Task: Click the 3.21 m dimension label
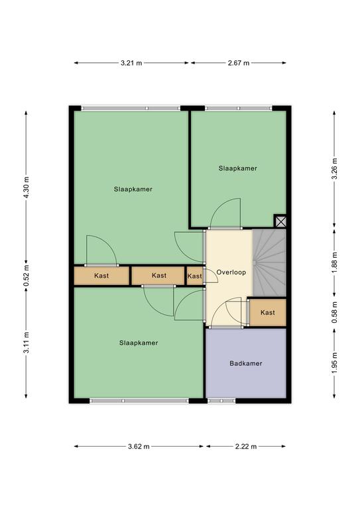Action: (131, 63)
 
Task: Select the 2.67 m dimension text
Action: (239, 63)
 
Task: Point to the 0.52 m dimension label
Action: (27, 276)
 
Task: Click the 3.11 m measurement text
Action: (27, 343)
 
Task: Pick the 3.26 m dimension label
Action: (335, 168)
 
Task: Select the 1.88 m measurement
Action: (335, 262)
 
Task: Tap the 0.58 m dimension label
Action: (335, 312)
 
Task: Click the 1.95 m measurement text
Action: (335, 363)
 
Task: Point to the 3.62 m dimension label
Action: (139, 446)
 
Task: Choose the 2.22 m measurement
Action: (246, 446)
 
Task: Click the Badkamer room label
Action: (246, 364)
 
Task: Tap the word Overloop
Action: (231, 272)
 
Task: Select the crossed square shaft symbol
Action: (281, 222)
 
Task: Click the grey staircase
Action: (269, 262)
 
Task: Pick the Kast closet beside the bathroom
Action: (267, 313)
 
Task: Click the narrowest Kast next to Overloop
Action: (195, 276)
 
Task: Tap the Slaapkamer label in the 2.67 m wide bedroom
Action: (237, 168)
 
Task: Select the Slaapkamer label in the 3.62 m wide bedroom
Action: (139, 343)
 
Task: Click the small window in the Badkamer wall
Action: (221, 401)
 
